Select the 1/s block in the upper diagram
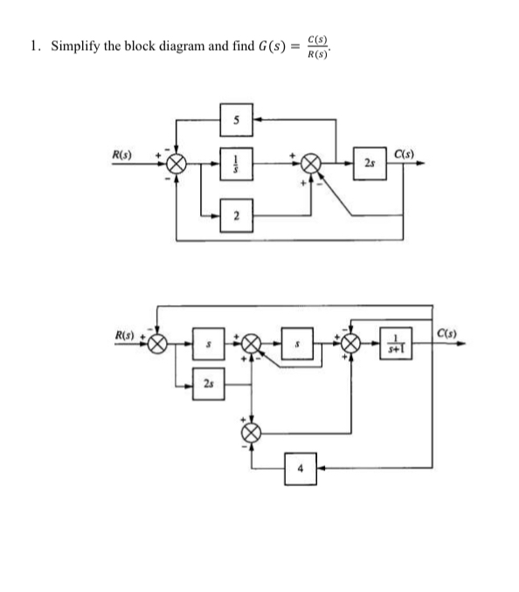point(236,165)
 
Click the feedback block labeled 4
point(299,467)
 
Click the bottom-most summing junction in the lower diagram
point(252,430)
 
